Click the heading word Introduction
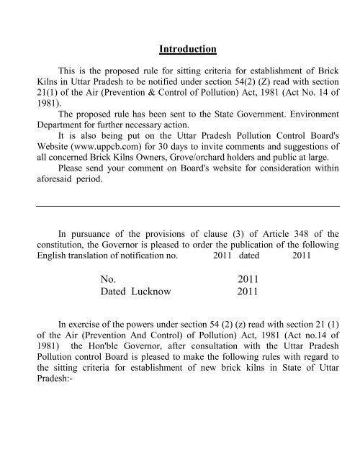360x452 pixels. pos(187,50)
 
